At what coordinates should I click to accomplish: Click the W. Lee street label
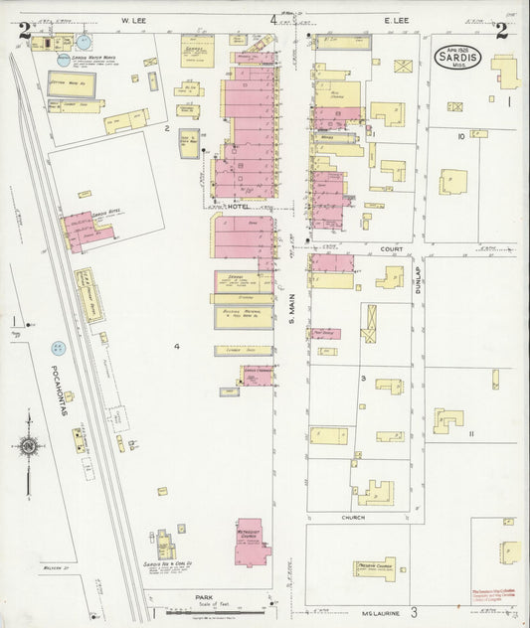[x=134, y=20]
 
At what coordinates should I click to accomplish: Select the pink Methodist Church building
[x=253, y=540]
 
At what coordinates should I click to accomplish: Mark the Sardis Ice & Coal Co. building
[x=165, y=547]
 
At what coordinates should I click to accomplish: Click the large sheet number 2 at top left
[x=23, y=31]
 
